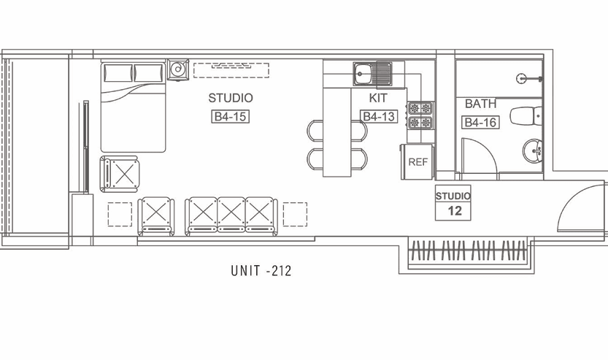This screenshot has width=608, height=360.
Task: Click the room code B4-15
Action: tap(231, 117)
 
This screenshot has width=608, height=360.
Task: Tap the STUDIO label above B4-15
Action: tap(231, 98)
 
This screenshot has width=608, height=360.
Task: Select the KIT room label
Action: tap(378, 98)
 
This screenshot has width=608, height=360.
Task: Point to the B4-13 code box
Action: tap(378, 116)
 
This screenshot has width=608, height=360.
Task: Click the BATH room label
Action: tap(480, 104)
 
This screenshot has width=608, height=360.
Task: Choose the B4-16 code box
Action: tap(480, 122)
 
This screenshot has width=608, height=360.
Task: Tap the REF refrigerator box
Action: tap(417, 162)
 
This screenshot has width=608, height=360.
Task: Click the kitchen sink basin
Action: tap(363, 73)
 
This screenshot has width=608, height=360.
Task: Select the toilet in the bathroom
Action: tap(526, 116)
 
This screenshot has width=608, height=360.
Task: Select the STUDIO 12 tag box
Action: tap(453, 203)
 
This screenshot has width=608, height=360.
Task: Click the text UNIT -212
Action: tap(261, 270)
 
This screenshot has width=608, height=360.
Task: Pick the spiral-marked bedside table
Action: tap(178, 70)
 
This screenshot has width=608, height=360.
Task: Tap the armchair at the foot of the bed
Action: tap(120, 174)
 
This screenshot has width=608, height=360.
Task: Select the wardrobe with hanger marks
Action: tap(469, 251)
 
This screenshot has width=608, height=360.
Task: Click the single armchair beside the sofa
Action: tap(156, 215)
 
